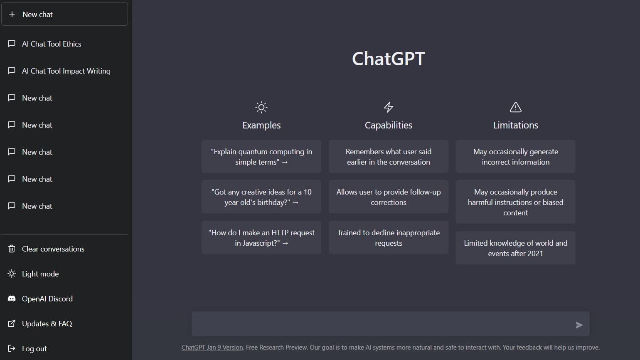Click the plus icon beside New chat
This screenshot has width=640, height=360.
pos(12,14)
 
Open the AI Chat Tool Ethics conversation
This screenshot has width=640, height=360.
pos(52,44)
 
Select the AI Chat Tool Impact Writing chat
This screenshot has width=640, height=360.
pos(66,71)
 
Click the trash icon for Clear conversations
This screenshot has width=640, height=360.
pos(12,249)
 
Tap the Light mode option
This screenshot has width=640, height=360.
pos(40,274)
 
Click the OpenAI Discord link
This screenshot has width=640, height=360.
pos(47,298)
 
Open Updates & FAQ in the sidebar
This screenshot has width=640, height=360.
pos(47,323)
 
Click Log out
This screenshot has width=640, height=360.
pos(34,348)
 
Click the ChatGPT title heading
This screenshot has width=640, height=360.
pos(388,59)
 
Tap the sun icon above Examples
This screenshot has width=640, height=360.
pos(261,107)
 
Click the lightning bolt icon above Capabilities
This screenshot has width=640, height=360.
pos(388,107)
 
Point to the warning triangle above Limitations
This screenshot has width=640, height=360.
pos(515,107)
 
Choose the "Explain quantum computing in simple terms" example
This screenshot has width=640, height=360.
pos(261,157)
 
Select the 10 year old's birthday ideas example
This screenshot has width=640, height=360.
pos(261,197)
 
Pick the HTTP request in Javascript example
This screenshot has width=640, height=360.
pos(261,238)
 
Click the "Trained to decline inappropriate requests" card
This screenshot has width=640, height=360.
pos(388,238)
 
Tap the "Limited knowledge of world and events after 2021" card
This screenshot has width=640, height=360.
pos(515,248)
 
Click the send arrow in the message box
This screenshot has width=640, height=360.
pos(579,325)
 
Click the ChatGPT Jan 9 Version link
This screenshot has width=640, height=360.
pos(212,348)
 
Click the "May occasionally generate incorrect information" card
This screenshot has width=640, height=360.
pos(515,157)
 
